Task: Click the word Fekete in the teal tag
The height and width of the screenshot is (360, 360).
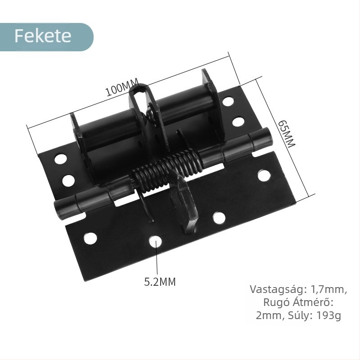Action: pos(43,36)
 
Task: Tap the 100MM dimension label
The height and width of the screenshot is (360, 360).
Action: pos(122,88)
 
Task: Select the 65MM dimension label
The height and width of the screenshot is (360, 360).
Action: pos(286,134)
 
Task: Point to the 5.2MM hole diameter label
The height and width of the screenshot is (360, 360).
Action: pos(160,282)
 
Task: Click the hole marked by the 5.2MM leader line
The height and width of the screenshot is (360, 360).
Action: pos(156,242)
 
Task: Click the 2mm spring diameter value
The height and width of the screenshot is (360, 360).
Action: pos(268,315)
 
